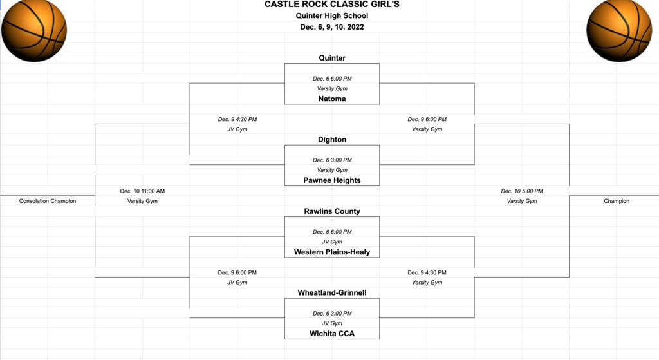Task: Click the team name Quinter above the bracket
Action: [x=332, y=58]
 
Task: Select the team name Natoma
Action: [x=332, y=99]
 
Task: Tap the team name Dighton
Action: [x=332, y=140]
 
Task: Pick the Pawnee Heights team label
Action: [x=332, y=180]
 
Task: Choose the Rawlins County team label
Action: [x=332, y=211]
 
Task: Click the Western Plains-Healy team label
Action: [x=332, y=252]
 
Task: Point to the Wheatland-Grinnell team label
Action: [x=332, y=293]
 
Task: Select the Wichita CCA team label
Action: [x=332, y=334]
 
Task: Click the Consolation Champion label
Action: [x=48, y=201]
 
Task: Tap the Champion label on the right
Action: [x=617, y=201]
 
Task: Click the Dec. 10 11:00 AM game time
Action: [x=142, y=191]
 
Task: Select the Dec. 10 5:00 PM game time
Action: [x=522, y=191]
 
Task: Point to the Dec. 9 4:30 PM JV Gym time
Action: [x=237, y=119]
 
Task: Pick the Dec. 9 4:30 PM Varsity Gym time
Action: [x=427, y=272]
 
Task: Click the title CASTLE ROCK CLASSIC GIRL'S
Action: [x=332, y=5]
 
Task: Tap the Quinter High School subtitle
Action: [x=332, y=16]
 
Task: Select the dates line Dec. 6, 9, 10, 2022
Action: [x=332, y=27]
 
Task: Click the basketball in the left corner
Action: [x=34, y=31]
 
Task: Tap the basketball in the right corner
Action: [x=619, y=31]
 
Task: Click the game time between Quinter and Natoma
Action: [x=332, y=79]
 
